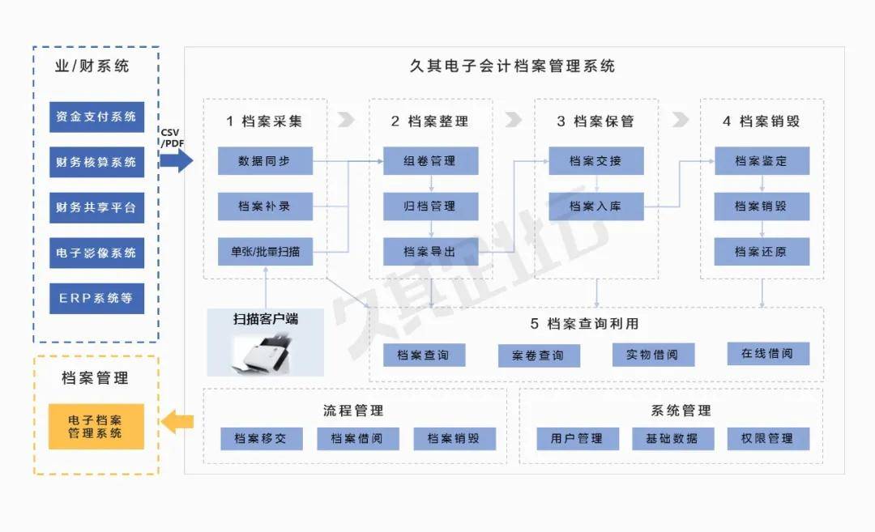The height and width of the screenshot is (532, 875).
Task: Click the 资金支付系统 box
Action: tap(96, 117)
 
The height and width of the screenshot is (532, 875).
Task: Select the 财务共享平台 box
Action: tap(96, 207)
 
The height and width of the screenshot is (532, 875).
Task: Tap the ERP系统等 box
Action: tap(96, 298)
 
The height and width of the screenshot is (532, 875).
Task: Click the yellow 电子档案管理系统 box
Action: tap(96, 427)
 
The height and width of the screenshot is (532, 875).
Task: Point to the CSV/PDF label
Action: tap(172, 138)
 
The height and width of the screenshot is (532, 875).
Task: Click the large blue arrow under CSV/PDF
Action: tap(177, 160)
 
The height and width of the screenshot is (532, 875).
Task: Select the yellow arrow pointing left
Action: tap(177, 422)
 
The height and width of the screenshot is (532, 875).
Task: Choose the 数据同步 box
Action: tap(265, 160)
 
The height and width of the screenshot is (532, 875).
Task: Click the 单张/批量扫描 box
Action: tap(265, 252)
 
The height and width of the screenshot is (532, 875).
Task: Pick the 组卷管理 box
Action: tap(430, 160)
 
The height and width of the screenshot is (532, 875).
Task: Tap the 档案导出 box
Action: tap(430, 252)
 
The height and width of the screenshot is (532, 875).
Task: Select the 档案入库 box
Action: tap(596, 206)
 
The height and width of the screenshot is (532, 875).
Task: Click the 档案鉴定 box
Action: tap(762, 160)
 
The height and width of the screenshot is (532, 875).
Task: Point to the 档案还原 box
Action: tap(762, 252)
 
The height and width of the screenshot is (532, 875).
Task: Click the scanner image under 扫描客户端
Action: tap(263, 354)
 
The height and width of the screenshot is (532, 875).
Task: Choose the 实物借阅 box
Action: tap(653, 355)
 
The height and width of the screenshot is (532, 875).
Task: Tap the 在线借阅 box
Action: tap(768, 354)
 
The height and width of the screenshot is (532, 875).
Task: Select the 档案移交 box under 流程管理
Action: tap(261, 438)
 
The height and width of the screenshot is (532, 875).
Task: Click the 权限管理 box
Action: tap(768, 438)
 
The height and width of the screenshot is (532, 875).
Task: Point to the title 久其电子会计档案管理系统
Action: tap(512, 66)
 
